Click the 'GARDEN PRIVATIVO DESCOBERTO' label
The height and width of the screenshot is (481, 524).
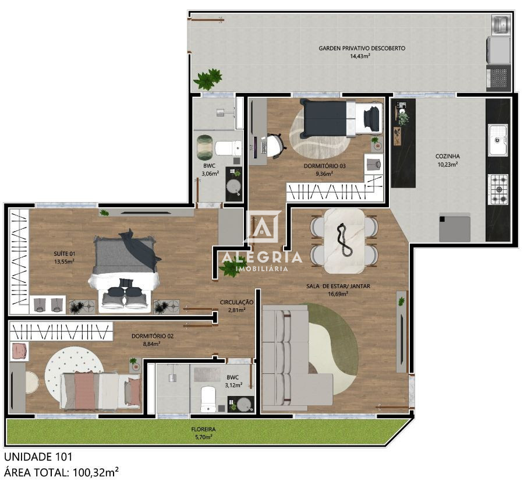(x=362, y=48)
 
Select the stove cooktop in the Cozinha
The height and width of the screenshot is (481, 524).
(x=498, y=188)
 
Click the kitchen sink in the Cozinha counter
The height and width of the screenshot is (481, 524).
(x=497, y=140)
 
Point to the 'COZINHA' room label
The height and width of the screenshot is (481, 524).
(x=447, y=156)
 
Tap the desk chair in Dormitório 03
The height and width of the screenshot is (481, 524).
(x=275, y=144)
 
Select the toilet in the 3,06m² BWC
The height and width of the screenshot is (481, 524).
(x=227, y=148)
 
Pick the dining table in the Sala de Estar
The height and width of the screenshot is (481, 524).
(x=344, y=240)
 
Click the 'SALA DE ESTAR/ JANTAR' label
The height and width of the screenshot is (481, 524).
(x=338, y=286)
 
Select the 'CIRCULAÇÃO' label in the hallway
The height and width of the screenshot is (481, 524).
(x=236, y=302)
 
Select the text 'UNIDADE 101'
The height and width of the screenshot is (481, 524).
(x=38, y=457)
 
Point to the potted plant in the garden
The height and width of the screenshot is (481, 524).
(x=208, y=79)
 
